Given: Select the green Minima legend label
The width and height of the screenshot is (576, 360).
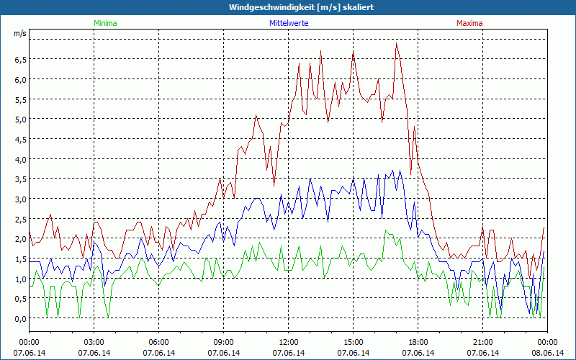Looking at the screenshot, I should pyautogui.click(x=105, y=23).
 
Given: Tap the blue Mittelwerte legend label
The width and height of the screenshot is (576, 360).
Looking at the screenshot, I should pyautogui.click(x=289, y=23).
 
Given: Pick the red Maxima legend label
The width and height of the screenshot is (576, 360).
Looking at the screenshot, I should pyautogui.click(x=469, y=23).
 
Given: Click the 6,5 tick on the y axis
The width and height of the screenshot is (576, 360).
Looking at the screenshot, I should pyautogui.click(x=20, y=60).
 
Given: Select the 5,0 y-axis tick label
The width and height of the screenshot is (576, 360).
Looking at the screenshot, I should pyautogui.click(x=20, y=120).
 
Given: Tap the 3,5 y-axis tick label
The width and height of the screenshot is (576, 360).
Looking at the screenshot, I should pyautogui.click(x=20, y=179).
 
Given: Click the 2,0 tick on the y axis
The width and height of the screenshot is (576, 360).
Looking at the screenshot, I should pyautogui.click(x=20, y=239).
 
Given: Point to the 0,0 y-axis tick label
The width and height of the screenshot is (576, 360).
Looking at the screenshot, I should pyautogui.click(x=20, y=319).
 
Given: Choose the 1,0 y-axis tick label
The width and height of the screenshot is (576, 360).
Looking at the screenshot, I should pyautogui.click(x=20, y=279).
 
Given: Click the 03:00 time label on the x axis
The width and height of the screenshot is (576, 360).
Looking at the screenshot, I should pyautogui.click(x=94, y=342).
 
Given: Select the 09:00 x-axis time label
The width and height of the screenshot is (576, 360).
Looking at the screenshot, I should pyautogui.click(x=224, y=342).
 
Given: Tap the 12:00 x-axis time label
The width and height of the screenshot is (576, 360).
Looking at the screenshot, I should pyautogui.click(x=289, y=342).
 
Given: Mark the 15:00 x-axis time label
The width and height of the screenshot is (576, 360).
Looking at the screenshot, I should pyautogui.click(x=354, y=342).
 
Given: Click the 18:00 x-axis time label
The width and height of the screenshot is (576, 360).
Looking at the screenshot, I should pyautogui.click(x=418, y=342).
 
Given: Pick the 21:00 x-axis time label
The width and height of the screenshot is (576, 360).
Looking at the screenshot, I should pyautogui.click(x=483, y=342).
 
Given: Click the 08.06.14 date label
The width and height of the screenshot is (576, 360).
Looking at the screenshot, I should pyautogui.click(x=547, y=353).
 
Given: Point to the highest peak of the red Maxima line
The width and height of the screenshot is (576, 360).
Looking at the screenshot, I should pyautogui.click(x=397, y=43).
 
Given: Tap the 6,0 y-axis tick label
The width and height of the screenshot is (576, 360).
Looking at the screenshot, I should pyautogui.click(x=20, y=80).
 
